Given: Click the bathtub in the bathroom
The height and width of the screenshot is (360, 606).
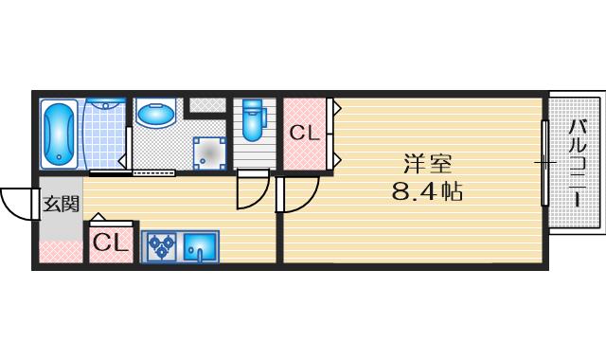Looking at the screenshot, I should pyautogui.click(x=60, y=133).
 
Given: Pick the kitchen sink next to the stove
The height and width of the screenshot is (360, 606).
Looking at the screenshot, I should pyautogui.click(x=200, y=246).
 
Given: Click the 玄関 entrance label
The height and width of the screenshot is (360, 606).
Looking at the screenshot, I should pyautogui.click(x=60, y=203).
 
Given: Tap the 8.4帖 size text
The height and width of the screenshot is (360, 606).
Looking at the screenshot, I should pyautogui.click(x=427, y=192).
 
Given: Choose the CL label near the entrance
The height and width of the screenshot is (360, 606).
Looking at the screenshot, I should pyautogui.click(x=110, y=243).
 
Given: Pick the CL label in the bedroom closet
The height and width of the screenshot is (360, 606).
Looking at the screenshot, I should pyautogui.click(x=303, y=133).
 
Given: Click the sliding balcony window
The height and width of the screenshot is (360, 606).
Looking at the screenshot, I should pyautogui.click(x=544, y=163).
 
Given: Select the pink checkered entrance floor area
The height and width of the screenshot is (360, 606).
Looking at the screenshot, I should pyautogui.click(x=61, y=251).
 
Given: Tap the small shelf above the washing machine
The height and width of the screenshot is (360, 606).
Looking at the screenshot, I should pyautogui.click(x=207, y=104).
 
